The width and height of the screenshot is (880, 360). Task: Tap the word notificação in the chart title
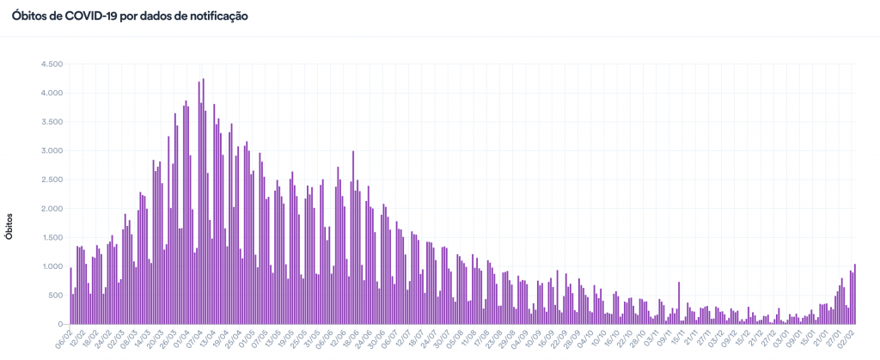tap(213, 16)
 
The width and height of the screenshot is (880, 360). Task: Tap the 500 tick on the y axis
tap(56, 296)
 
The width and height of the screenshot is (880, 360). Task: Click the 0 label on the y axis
tap(61, 324)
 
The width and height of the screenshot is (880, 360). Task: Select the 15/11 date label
tap(676, 338)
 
